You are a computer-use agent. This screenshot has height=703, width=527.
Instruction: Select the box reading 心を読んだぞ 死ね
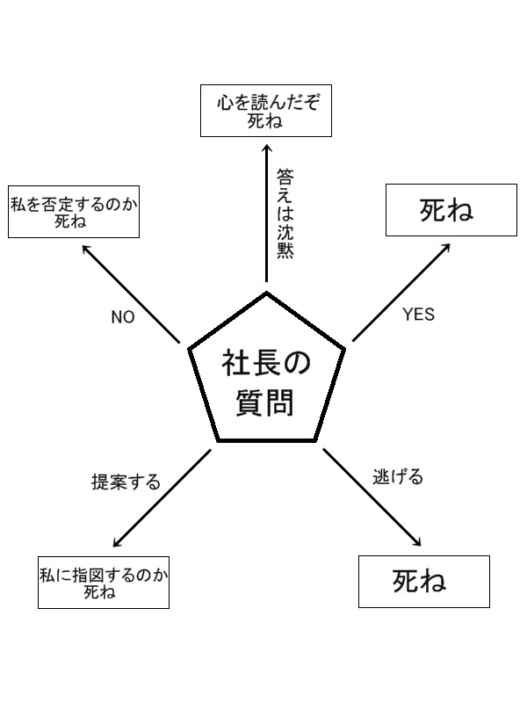point(266,111)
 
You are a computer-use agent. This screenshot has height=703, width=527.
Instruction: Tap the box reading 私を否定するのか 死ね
point(75,211)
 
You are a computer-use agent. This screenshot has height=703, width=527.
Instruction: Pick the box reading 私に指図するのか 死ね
point(104,583)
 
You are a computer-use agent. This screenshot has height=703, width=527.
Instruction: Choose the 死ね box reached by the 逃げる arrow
point(424,581)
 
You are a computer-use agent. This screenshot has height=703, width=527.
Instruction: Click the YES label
point(418,315)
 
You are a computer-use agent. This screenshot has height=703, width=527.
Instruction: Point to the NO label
point(123,317)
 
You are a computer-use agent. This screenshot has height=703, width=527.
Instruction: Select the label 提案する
point(126,482)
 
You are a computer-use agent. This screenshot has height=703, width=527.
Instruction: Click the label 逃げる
point(398,477)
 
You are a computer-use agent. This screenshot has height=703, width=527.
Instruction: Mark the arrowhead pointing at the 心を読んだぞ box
point(266,146)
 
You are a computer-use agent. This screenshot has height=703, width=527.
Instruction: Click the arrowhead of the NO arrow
point(86,249)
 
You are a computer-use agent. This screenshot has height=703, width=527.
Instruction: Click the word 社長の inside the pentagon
point(266,361)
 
